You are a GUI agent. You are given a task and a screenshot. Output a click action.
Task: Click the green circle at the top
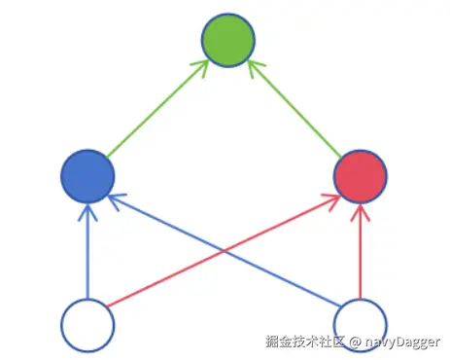(x=227, y=41)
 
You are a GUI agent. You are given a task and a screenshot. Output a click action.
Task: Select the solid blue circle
(x=87, y=176)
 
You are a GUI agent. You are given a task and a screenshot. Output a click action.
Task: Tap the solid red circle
(x=361, y=176)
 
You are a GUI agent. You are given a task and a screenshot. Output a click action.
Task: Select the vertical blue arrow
(x=87, y=253)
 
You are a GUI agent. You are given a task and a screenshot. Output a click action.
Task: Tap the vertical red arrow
(x=361, y=253)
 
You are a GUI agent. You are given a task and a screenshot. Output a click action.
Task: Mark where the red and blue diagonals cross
(x=225, y=249)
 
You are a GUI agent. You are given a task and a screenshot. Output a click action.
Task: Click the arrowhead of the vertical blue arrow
(x=87, y=208)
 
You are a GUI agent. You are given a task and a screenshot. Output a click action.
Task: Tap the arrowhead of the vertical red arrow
(x=361, y=208)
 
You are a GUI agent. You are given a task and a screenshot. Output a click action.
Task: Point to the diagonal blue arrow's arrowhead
(x=115, y=198)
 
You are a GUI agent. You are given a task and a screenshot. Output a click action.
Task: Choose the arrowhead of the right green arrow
(x=251, y=66)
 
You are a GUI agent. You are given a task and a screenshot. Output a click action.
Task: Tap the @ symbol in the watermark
(x=356, y=342)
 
